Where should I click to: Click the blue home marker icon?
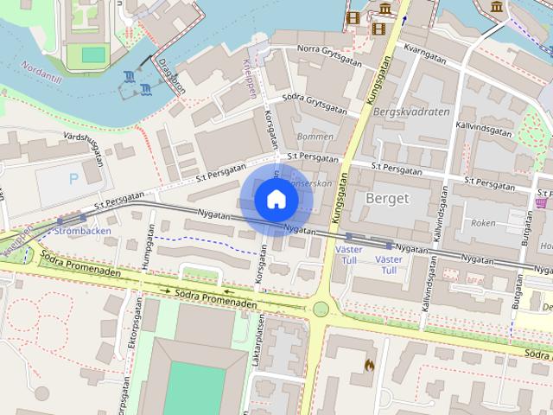(276, 200)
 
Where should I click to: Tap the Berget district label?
(387, 198)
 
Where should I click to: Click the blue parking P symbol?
(73, 179)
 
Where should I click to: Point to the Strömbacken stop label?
(82, 232)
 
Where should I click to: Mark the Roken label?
(484, 222)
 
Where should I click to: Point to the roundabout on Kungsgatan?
(321, 309)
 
